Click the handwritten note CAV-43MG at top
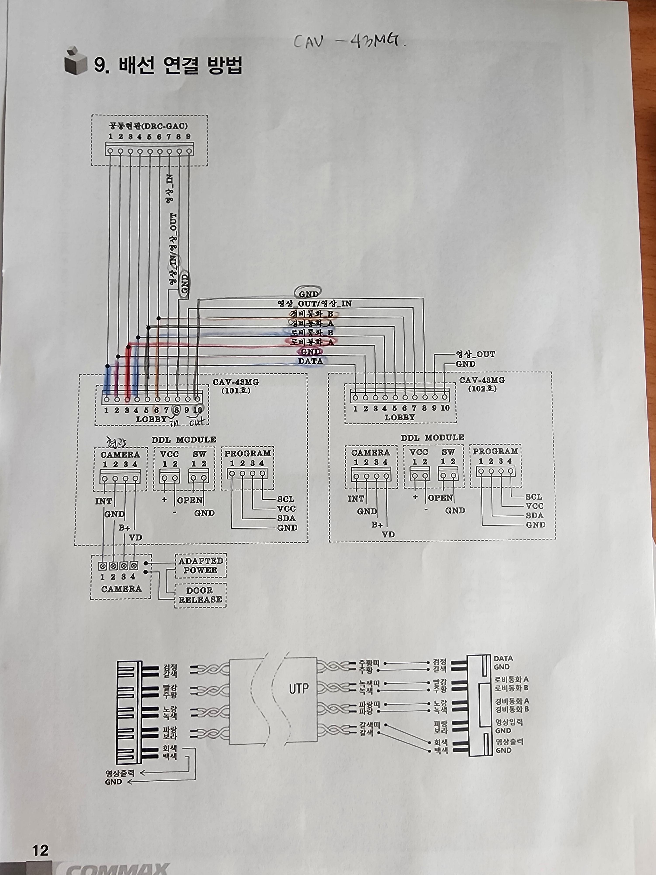click(350, 41)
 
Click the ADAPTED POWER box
click(201, 565)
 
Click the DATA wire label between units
click(311, 361)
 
